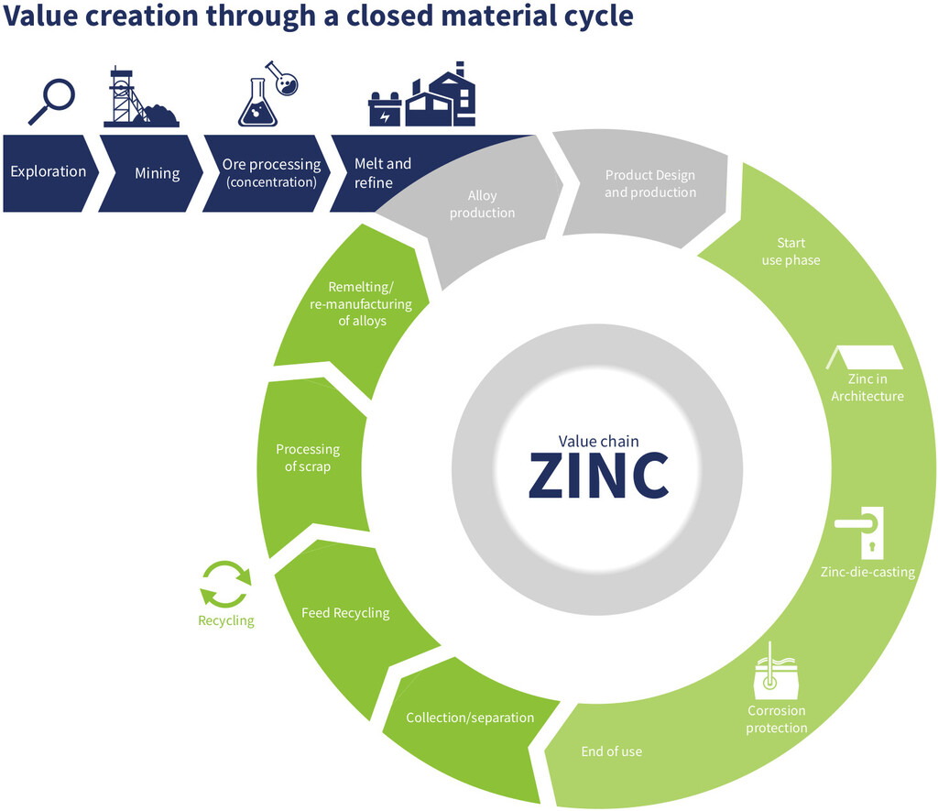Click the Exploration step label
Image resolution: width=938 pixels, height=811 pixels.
pyautogui.click(x=49, y=171)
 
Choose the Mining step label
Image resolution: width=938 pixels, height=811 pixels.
pyautogui.click(x=158, y=172)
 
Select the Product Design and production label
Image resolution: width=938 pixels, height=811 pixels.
pyautogui.click(x=650, y=183)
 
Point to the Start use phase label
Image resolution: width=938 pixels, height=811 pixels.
pyautogui.click(x=790, y=251)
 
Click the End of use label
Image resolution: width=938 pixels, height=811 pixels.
pyautogui.click(x=612, y=751)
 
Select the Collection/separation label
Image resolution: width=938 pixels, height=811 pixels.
pyautogui.click(x=470, y=718)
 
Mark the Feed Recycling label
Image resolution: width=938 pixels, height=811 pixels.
pyautogui.click(x=345, y=612)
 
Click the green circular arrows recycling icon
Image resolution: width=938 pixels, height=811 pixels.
pyautogui.click(x=225, y=585)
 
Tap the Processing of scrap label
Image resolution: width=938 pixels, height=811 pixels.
pyautogui.click(x=308, y=458)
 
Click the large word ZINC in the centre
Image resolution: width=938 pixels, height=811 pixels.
pyautogui.click(x=599, y=476)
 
